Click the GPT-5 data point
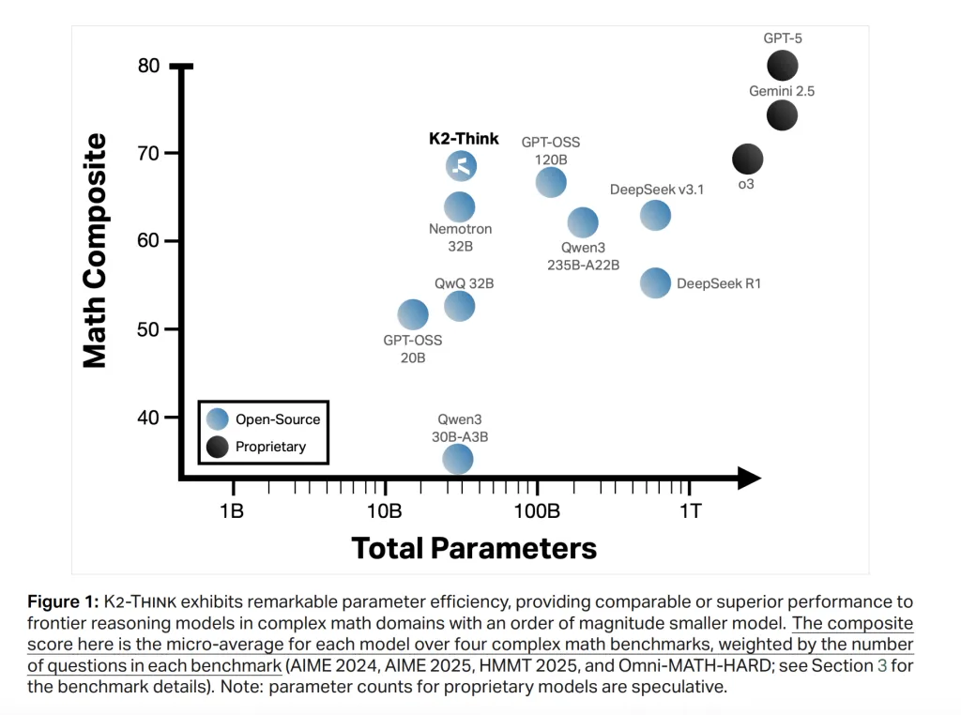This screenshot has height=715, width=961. [782, 66]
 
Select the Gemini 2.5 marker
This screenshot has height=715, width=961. [782, 115]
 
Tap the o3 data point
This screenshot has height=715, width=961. [747, 159]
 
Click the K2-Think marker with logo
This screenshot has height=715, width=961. [461, 166]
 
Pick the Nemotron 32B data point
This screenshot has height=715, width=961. [459, 206]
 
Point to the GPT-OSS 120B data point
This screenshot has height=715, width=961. [550, 183]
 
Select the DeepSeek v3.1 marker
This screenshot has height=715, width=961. [655, 216]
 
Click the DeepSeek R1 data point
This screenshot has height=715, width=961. [655, 282]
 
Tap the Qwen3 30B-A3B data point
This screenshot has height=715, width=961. [457, 458]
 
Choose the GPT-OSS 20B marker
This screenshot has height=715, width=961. [413, 314]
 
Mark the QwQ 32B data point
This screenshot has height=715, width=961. [459, 305]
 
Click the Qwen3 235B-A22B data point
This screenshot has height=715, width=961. [583, 222]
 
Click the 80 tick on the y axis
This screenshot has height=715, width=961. [148, 66]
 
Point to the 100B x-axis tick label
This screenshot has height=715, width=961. [536, 510]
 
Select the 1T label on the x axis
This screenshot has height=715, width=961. [690, 510]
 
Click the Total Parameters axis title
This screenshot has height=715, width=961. [474, 548]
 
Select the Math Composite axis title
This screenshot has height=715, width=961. [95, 251]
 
